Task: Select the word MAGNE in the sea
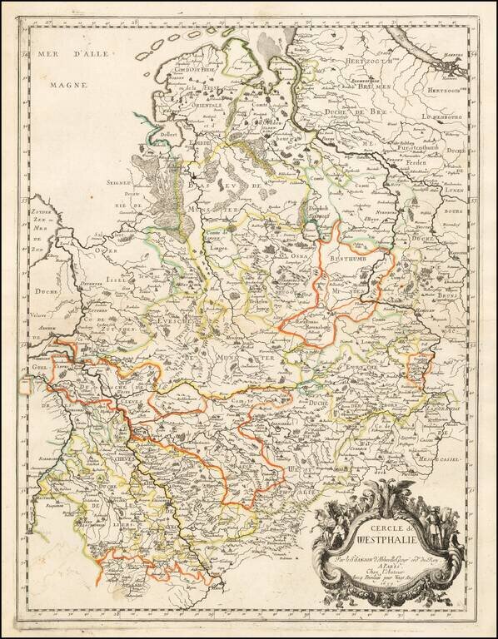pos(61,84)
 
